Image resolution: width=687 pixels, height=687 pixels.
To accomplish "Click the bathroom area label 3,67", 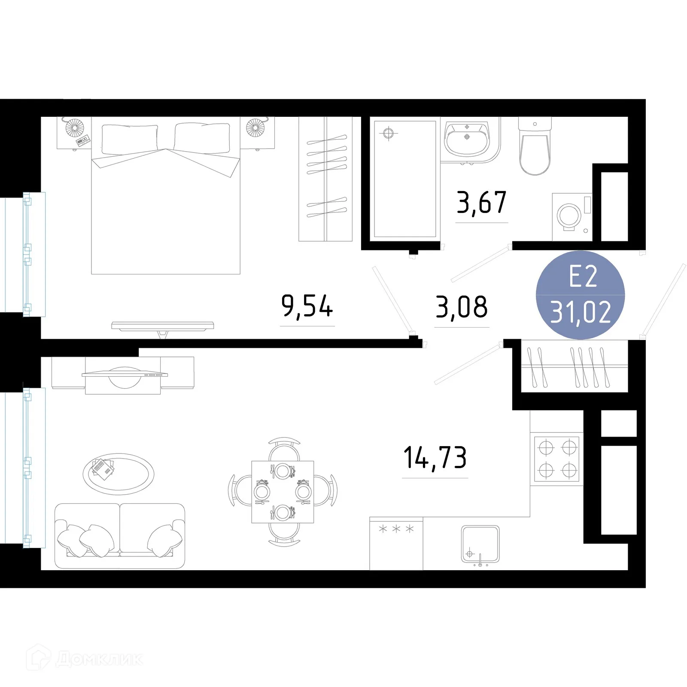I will (481, 203).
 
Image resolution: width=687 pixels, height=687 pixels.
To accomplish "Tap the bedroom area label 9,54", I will (307, 306).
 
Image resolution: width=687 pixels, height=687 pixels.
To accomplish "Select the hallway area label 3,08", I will (462, 307).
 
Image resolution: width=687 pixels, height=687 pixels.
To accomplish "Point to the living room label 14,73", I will (435, 458).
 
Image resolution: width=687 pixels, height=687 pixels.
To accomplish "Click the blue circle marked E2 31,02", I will (580, 295).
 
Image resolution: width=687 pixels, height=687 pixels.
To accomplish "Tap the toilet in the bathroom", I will (535, 148).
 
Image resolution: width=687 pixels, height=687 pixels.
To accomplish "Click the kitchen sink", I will (480, 544).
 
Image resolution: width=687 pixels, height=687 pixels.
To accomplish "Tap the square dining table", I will (283, 492).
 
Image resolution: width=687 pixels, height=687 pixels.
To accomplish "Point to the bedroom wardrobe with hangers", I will (325, 179).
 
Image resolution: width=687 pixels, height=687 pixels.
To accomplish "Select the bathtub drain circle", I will (388, 134).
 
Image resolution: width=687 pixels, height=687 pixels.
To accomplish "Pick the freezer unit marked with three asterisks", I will (396, 544).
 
